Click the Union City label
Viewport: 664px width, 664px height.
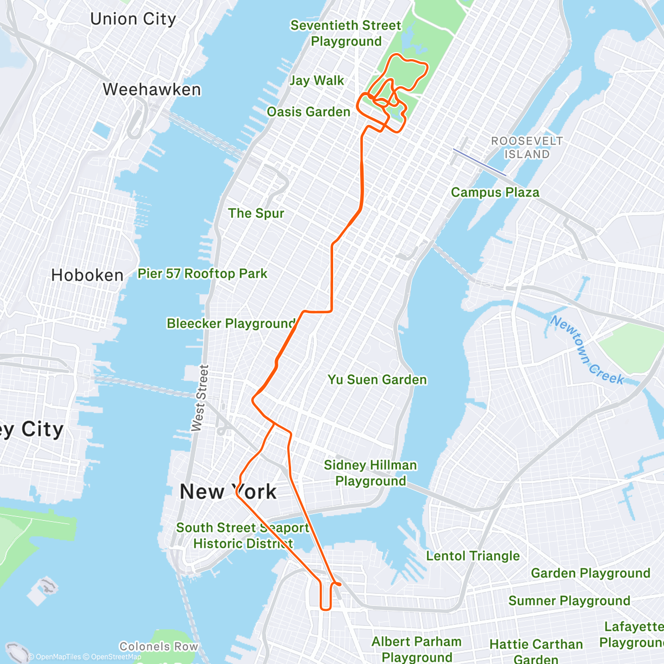point(133,19)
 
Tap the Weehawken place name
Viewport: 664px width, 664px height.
point(152,90)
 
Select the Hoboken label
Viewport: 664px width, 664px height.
point(87,275)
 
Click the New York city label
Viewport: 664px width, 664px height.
point(228,491)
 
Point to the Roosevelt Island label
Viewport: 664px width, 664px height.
point(527,148)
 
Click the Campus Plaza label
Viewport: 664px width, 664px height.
point(495,193)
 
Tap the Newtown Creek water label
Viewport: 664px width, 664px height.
point(587,350)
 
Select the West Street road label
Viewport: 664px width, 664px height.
point(200,398)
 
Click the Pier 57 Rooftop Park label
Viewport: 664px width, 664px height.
point(203,273)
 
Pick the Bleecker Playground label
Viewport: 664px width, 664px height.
point(231,323)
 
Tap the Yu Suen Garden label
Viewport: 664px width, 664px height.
point(377,380)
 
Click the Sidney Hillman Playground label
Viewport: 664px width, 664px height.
point(370,473)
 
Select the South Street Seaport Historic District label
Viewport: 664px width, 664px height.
point(242,536)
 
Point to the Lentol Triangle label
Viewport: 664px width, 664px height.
point(473,556)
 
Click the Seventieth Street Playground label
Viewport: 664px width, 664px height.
point(346,33)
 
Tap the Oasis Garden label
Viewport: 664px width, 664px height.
point(308,112)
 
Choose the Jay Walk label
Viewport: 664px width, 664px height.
point(317,81)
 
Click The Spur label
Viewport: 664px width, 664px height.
point(256,214)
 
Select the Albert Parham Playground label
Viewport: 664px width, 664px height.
point(416,649)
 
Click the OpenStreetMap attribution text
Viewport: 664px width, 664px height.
point(116,657)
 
